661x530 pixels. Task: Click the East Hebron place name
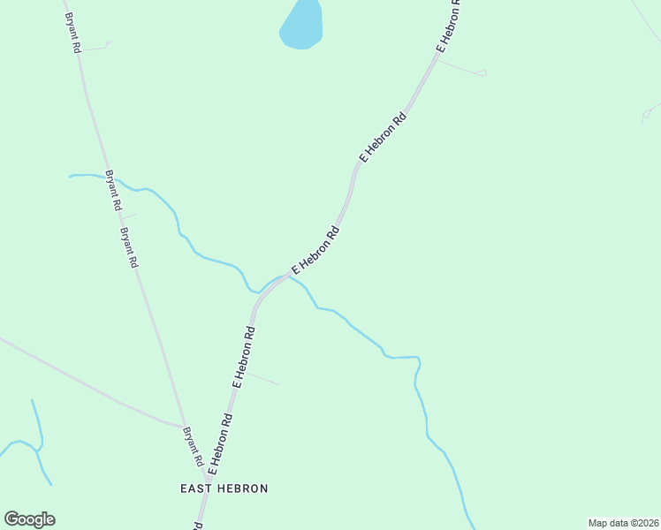coord(224,488)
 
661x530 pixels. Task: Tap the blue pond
coord(301,25)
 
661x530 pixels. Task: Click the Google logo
coord(29,519)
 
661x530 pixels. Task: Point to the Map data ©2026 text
coord(624,522)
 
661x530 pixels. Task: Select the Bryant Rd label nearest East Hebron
coord(194,447)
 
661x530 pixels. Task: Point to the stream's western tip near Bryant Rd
coord(72,177)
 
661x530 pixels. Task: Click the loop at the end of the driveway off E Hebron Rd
coord(482,72)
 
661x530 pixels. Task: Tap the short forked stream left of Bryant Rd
coord(35,442)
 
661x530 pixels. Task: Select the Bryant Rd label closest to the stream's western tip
coord(113,189)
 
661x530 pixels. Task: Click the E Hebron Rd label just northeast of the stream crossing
coord(315,251)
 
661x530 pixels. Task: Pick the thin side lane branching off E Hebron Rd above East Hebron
coord(262,378)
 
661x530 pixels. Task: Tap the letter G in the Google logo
coord(12,519)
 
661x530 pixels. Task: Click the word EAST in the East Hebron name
coord(194,488)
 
